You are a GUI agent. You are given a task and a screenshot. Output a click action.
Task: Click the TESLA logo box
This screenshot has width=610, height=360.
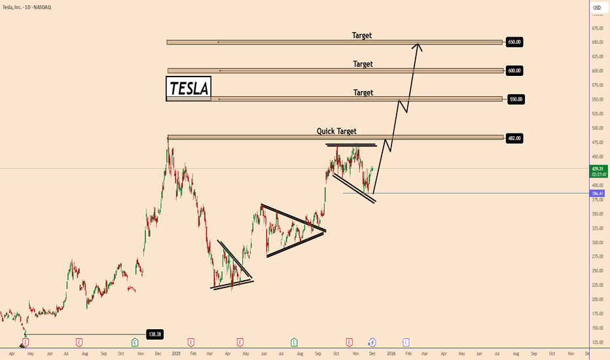[188, 88]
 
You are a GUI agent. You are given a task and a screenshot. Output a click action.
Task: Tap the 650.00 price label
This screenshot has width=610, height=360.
[514, 42]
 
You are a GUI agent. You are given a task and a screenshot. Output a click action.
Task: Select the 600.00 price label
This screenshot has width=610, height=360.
[514, 70]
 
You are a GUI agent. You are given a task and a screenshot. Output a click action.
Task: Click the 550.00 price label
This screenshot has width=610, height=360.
[516, 99]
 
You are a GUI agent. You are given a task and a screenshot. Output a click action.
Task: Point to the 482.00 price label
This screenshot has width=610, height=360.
[514, 138]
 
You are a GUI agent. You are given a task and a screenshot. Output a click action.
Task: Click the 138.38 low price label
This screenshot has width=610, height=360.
[154, 334]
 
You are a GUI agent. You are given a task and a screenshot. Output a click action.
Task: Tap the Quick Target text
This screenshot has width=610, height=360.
[336, 131]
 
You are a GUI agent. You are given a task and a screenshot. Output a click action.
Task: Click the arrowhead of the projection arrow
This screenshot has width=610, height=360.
[418, 45]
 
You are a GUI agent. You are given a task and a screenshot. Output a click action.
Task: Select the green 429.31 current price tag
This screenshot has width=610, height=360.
[597, 169]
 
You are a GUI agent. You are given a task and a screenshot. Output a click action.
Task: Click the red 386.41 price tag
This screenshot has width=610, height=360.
[597, 194]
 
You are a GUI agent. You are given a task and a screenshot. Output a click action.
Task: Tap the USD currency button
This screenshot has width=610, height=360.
[597, 9]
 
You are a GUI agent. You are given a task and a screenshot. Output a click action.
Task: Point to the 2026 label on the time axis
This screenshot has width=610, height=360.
[391, 353]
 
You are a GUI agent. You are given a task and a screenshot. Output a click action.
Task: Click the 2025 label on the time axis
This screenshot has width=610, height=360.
[175, 353]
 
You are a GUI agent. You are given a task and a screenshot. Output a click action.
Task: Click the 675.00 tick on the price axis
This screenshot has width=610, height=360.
[596, 28]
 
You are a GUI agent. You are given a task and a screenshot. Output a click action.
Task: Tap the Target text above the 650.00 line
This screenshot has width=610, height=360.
[361, 35]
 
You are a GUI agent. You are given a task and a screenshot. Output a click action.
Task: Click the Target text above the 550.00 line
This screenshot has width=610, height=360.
[363, 93]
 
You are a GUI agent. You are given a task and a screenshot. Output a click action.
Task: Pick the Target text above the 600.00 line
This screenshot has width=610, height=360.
[363, 64]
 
